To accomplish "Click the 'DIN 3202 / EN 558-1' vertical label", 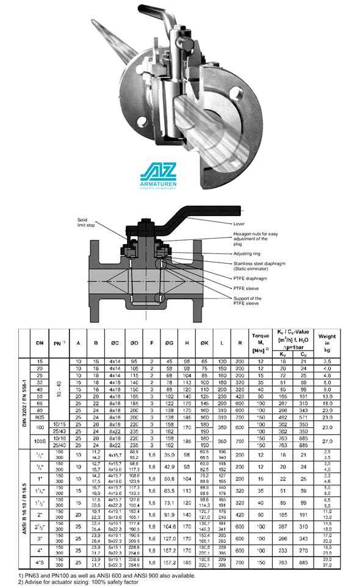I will [23, 403].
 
